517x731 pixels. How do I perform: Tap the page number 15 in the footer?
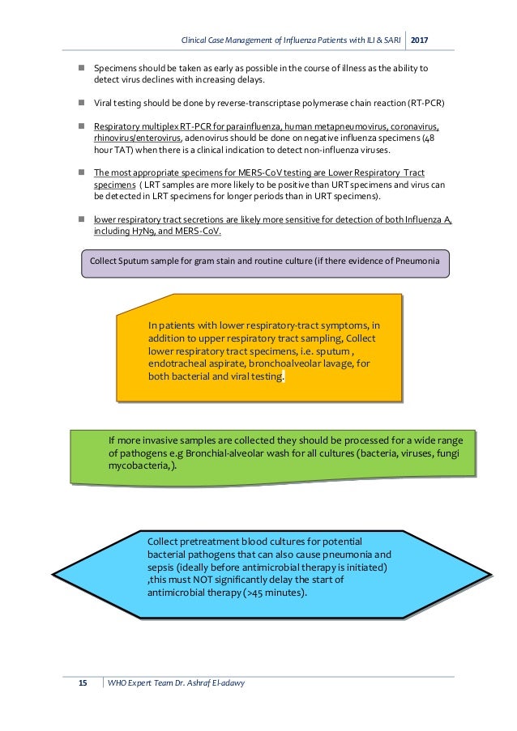83,683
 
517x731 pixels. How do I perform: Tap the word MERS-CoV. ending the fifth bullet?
198,231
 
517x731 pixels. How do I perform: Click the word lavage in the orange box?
337,364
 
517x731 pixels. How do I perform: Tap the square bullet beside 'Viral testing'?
82,104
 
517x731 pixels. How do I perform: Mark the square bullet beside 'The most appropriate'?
82,173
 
